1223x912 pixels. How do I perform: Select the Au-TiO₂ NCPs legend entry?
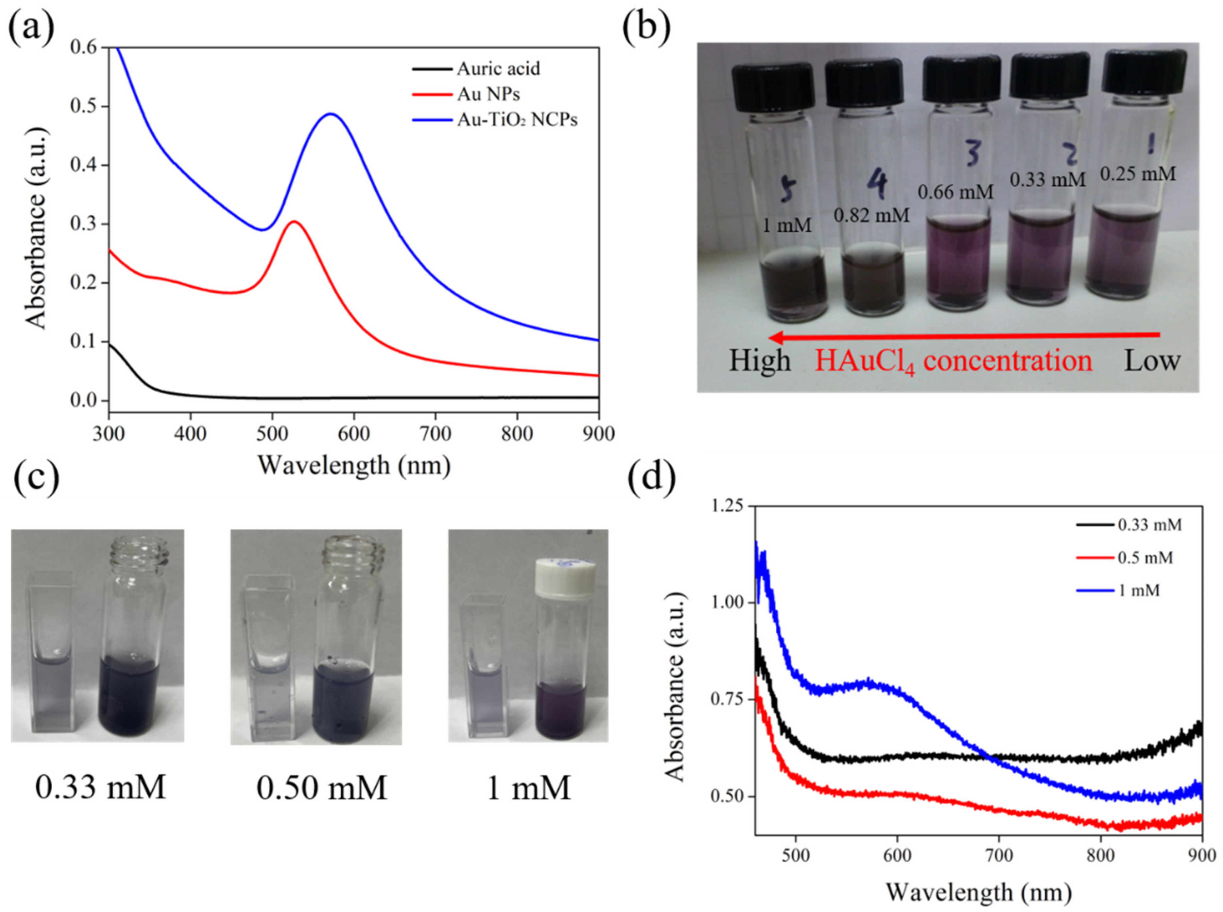pyautogui.click(x=516, y=120)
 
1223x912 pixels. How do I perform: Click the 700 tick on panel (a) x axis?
pyautogui.click(x=436, y=433)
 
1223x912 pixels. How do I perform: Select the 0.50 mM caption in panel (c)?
pyautogui.click(x=322, y=788)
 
